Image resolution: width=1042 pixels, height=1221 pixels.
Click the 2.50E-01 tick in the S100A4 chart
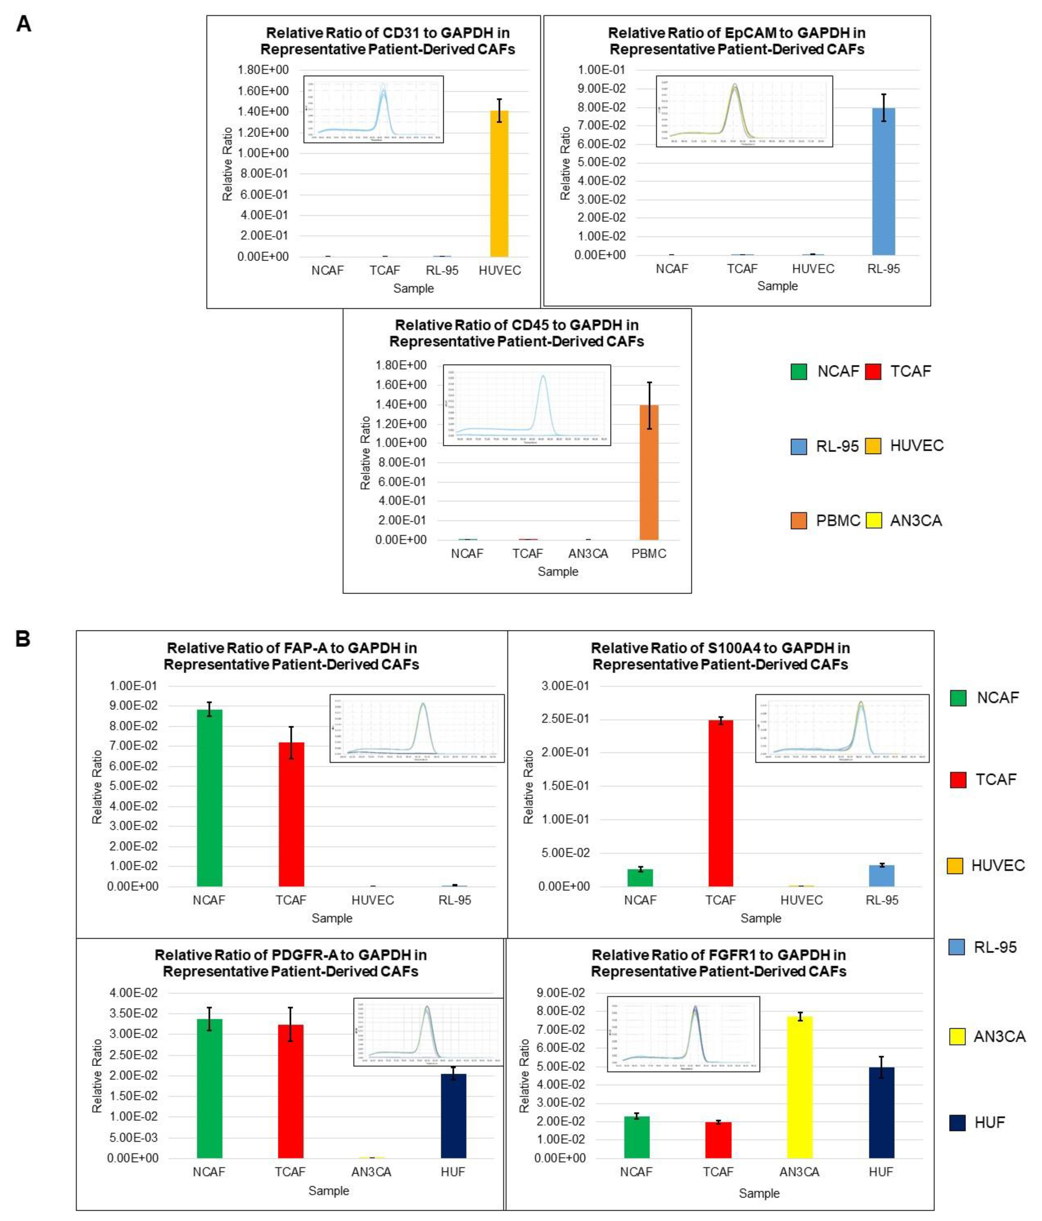565,719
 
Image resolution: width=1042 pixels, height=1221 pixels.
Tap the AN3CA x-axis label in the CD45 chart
587,553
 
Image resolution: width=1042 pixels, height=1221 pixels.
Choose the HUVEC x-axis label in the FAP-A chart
372,900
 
